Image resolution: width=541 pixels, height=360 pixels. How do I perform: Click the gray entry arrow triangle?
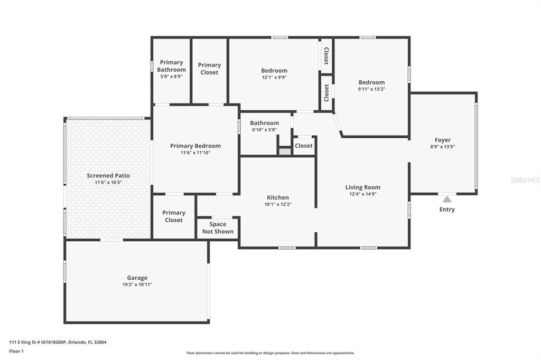point(447,199)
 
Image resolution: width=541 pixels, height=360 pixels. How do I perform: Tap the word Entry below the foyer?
point(447,210)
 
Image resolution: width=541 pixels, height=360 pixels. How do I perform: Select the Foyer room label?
point(442,140)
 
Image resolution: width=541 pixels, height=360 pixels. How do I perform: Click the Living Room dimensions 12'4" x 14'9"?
point(362,194)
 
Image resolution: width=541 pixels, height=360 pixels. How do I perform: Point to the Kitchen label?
point(278,197)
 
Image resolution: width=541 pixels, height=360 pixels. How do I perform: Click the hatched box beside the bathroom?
point(285,151)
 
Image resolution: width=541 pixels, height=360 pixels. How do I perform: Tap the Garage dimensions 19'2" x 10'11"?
point(137,285)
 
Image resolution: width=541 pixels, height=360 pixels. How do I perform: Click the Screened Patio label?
point(108,176)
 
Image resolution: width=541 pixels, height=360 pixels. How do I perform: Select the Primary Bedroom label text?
point(195,146)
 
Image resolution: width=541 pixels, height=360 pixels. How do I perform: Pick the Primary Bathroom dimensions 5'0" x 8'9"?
point(172,77)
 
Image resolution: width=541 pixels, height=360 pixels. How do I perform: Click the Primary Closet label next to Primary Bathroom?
point(209,69)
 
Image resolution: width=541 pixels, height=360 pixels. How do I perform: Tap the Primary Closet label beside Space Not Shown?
point(173,216)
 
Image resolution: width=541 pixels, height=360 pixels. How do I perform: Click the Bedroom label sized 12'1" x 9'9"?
point(274,71)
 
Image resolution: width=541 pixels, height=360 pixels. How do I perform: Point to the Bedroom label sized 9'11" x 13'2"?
point(371,82)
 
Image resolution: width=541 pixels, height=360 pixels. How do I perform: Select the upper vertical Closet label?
point(327,55)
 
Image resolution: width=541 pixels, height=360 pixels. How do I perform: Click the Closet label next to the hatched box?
point(304,146)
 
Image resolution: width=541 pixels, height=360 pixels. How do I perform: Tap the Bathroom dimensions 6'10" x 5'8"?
point(265,130)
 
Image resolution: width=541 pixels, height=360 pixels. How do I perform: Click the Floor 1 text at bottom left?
point(16,351)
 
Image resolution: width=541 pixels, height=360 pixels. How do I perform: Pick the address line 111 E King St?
point(58,342)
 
